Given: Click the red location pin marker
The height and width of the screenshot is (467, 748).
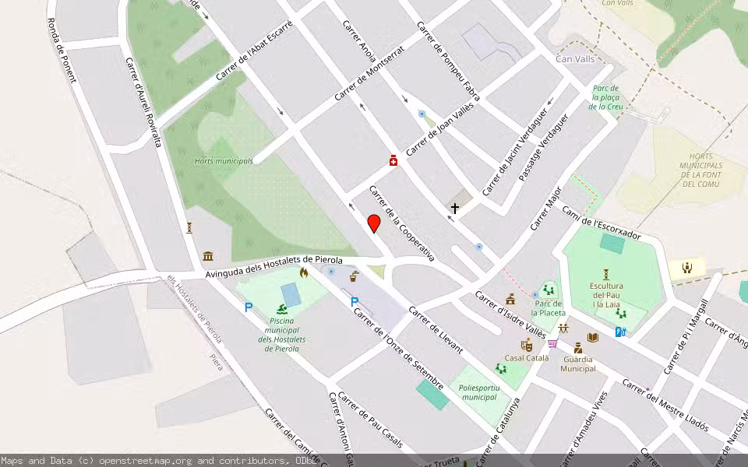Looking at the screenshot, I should [374, 223].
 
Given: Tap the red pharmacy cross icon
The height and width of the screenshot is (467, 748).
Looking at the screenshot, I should [393, 160].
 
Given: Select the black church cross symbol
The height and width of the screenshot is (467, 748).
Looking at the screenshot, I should [455, 209].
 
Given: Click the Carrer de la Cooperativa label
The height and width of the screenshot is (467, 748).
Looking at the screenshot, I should [401, 223].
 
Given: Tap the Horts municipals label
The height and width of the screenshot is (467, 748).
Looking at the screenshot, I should [224, 161].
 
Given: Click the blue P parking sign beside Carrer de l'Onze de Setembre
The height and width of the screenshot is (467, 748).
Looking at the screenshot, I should [355, 302].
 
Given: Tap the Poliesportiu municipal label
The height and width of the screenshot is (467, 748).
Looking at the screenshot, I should [478, 392].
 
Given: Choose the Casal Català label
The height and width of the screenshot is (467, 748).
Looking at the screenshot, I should [527, 358].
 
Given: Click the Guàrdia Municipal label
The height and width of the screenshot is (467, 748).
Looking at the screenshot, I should [577, 363].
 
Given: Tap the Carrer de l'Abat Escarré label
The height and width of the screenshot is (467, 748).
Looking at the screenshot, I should [254, 50].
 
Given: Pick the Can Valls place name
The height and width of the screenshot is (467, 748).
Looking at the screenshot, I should [575, 59].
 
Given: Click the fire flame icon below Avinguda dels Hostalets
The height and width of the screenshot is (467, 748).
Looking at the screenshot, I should [304, 272].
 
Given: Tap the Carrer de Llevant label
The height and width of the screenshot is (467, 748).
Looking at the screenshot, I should [436, 331].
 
